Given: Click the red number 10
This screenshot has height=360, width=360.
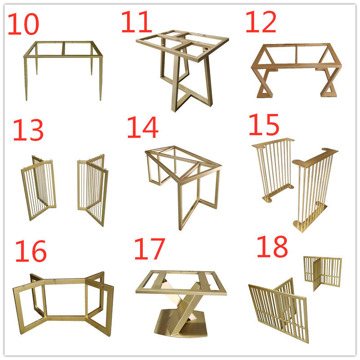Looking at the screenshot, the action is (23, 24).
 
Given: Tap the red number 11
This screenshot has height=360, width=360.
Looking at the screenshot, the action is (136, 22).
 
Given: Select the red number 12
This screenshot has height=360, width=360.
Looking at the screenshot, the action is (261, 22).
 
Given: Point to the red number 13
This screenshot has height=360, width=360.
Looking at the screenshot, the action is (28, 130).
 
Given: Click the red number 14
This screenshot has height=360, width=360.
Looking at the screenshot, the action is (143, 127).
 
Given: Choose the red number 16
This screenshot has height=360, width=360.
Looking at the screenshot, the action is (31, 251).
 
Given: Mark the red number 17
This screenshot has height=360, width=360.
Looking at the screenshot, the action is (149, 249).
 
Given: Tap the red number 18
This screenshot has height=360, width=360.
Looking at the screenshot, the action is (272, 246).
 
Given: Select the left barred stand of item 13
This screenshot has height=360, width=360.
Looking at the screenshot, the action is (39, 188).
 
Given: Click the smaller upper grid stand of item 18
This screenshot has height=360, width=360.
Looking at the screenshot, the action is (323, 272).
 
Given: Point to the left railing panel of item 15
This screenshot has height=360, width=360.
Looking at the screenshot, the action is (273, 170).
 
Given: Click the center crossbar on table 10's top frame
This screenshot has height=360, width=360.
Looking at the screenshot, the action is (63, 48).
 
